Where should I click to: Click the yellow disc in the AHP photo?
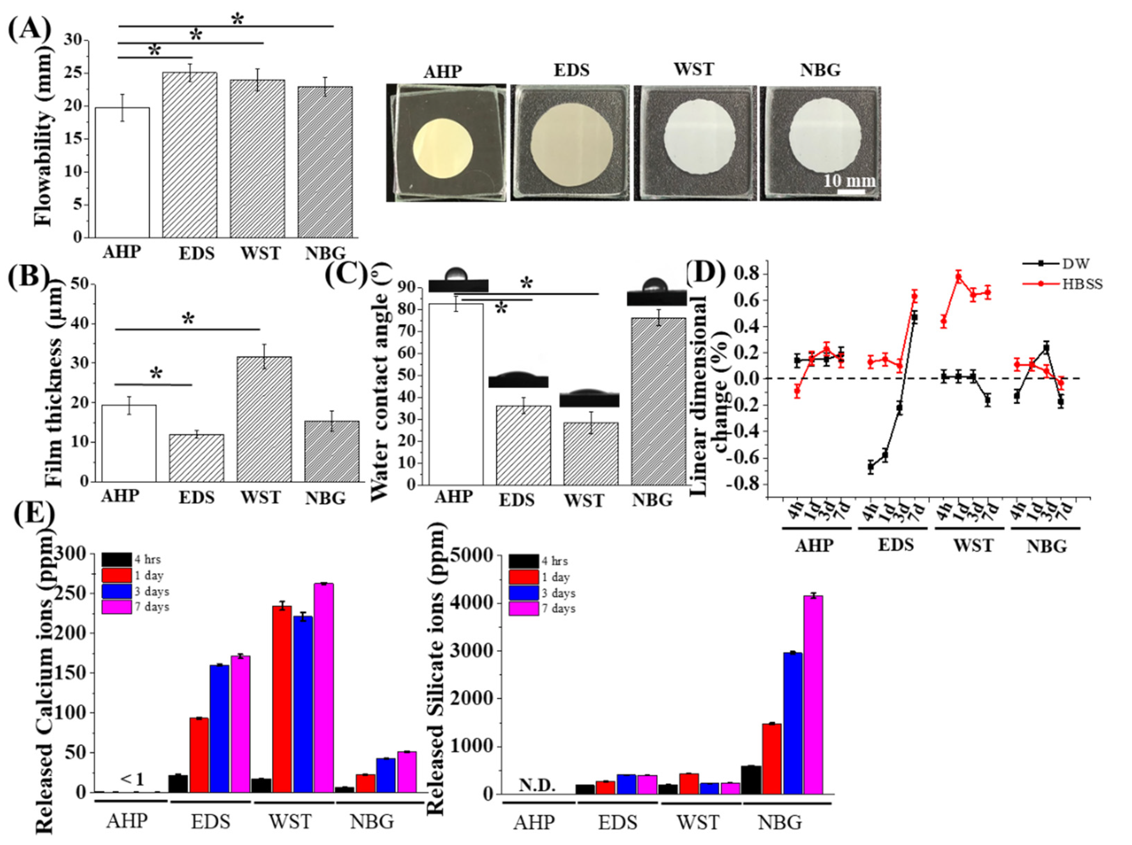[x=443, y=148]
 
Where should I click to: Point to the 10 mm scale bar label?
[x=849, y=181]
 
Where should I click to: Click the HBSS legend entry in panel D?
[x=1081, y=284]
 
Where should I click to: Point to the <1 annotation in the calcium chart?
[x=132, y=779]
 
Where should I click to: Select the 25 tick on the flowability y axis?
[x=72, y=73]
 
